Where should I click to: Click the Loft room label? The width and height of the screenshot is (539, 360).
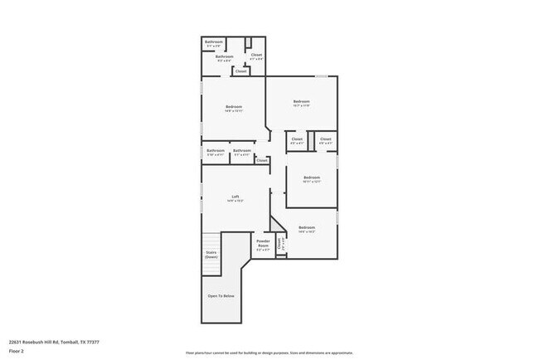[236, 196]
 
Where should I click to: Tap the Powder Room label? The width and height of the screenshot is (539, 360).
[263, 243]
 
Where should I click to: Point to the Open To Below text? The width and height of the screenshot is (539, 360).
[221, 295]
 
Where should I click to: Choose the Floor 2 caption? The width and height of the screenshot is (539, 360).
[17, 351]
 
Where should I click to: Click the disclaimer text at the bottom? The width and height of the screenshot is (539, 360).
[269, 353]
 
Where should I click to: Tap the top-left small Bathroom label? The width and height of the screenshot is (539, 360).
[214, 41]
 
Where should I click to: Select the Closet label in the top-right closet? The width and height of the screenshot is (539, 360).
[256, 55]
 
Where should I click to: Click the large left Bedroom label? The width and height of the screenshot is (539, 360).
[234, 106]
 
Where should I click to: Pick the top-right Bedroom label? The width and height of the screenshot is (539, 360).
[300, 102]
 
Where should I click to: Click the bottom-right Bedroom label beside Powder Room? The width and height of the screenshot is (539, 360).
[307, 227]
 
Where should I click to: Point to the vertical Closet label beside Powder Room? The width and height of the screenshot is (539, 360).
[280, 244]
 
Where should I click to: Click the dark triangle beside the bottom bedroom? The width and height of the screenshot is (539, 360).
[276, 225]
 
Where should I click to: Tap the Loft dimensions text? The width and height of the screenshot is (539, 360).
[236, 201]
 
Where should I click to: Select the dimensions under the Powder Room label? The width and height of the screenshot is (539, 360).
[263, 250]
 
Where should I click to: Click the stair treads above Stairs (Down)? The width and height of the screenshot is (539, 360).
[211, 241]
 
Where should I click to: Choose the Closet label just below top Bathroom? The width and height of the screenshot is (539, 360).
[240, 71]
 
